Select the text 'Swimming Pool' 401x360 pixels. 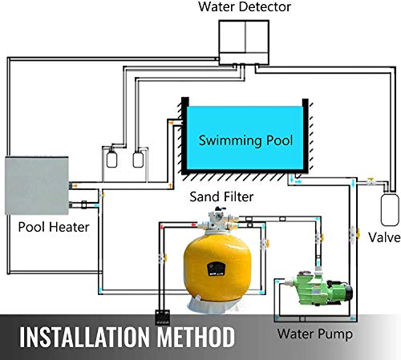245,140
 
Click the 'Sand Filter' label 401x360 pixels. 219,195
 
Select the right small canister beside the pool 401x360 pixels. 140,157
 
